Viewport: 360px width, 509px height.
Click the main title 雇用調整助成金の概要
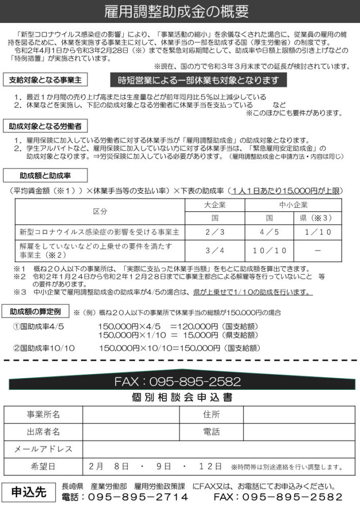click(x=180, y=11)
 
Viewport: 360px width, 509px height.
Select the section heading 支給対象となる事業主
click(x=45, y=80)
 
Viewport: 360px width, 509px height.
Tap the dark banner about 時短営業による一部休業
click(x=199, y=80)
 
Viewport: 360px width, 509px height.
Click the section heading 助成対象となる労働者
click(x=45, y=125)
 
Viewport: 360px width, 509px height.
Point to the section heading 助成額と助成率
click(x=45, y=176)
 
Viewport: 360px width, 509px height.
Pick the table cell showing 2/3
click(x=215, y=232)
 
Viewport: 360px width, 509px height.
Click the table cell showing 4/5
click(x=269, y=232)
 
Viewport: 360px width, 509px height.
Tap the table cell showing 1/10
click(x=318, y=232)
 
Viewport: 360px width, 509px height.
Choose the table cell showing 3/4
click(x=215, y=250)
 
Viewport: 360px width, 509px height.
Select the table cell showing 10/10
click(x=269, y=250)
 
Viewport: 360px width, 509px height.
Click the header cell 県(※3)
click(x=318, y=217)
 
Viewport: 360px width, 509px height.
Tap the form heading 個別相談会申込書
click(x=180, y=397)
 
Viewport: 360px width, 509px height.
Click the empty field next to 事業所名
click(x=131, y=415)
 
